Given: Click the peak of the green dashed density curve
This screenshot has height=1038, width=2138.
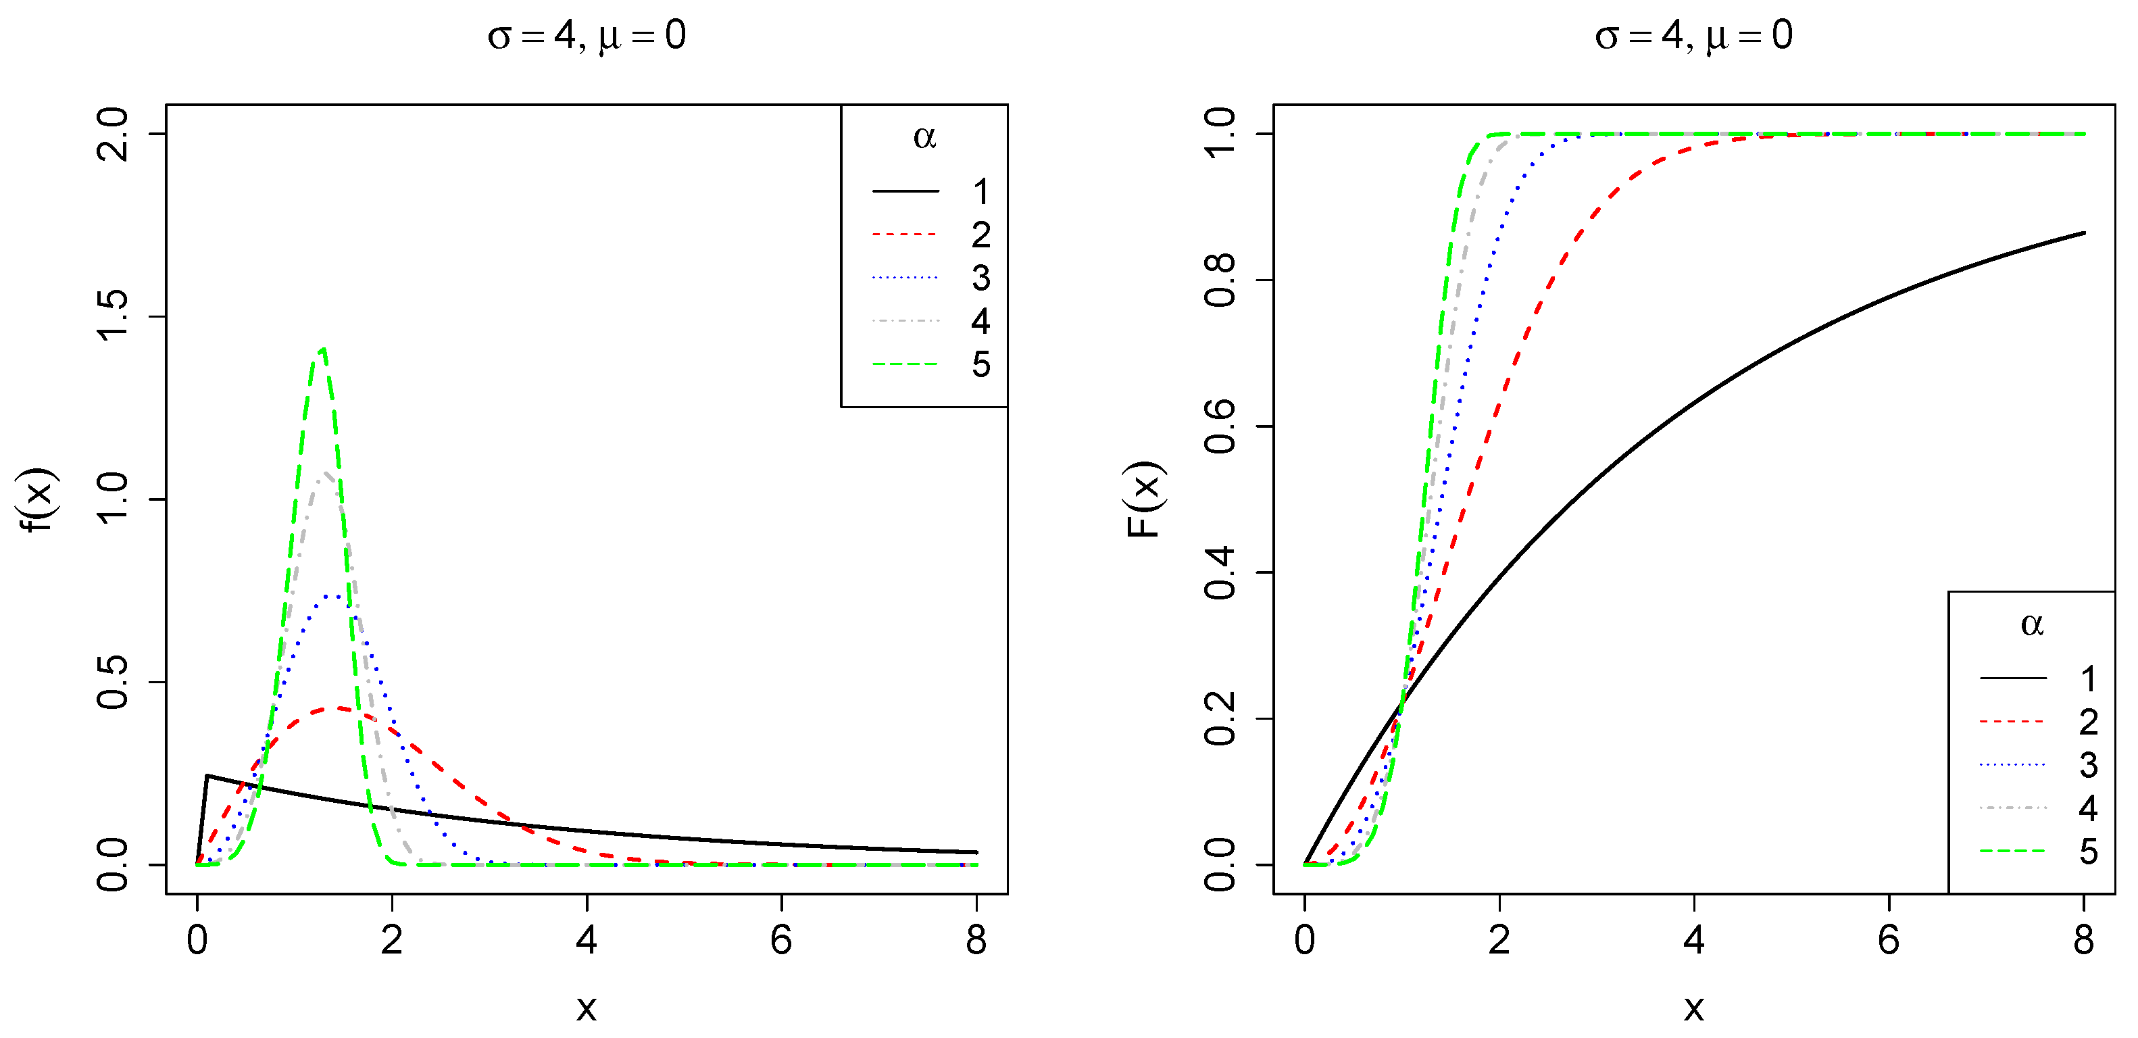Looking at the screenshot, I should point(323,349).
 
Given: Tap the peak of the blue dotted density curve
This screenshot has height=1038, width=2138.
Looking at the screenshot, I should point(334,596).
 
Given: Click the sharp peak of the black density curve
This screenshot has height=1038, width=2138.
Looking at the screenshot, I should point(207,776).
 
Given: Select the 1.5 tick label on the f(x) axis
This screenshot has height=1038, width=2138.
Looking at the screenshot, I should point(113,316).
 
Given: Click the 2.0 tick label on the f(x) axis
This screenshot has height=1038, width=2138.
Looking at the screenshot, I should point(113,134).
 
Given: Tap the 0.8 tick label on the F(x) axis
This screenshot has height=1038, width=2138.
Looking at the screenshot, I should point(1220,280).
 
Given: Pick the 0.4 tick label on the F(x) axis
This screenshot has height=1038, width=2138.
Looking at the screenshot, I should point(1220,572).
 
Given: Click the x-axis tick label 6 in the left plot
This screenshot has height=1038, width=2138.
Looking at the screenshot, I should point(781,940).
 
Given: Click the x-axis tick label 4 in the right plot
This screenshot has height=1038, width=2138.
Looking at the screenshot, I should point(1694,940).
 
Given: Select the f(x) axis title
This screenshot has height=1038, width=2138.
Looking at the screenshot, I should point(37,499).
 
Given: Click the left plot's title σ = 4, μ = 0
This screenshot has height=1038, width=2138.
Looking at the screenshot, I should point(587,36).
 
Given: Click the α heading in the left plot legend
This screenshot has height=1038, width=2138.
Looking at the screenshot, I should point(924,137).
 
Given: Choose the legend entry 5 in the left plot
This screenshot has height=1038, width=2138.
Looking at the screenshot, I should point(981,364).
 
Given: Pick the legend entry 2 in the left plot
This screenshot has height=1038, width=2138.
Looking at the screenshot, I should point(981,234).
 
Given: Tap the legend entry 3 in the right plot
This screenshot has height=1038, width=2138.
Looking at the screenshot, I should point(2088,765).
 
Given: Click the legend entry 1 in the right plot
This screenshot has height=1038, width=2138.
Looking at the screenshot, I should point(2088,678).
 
